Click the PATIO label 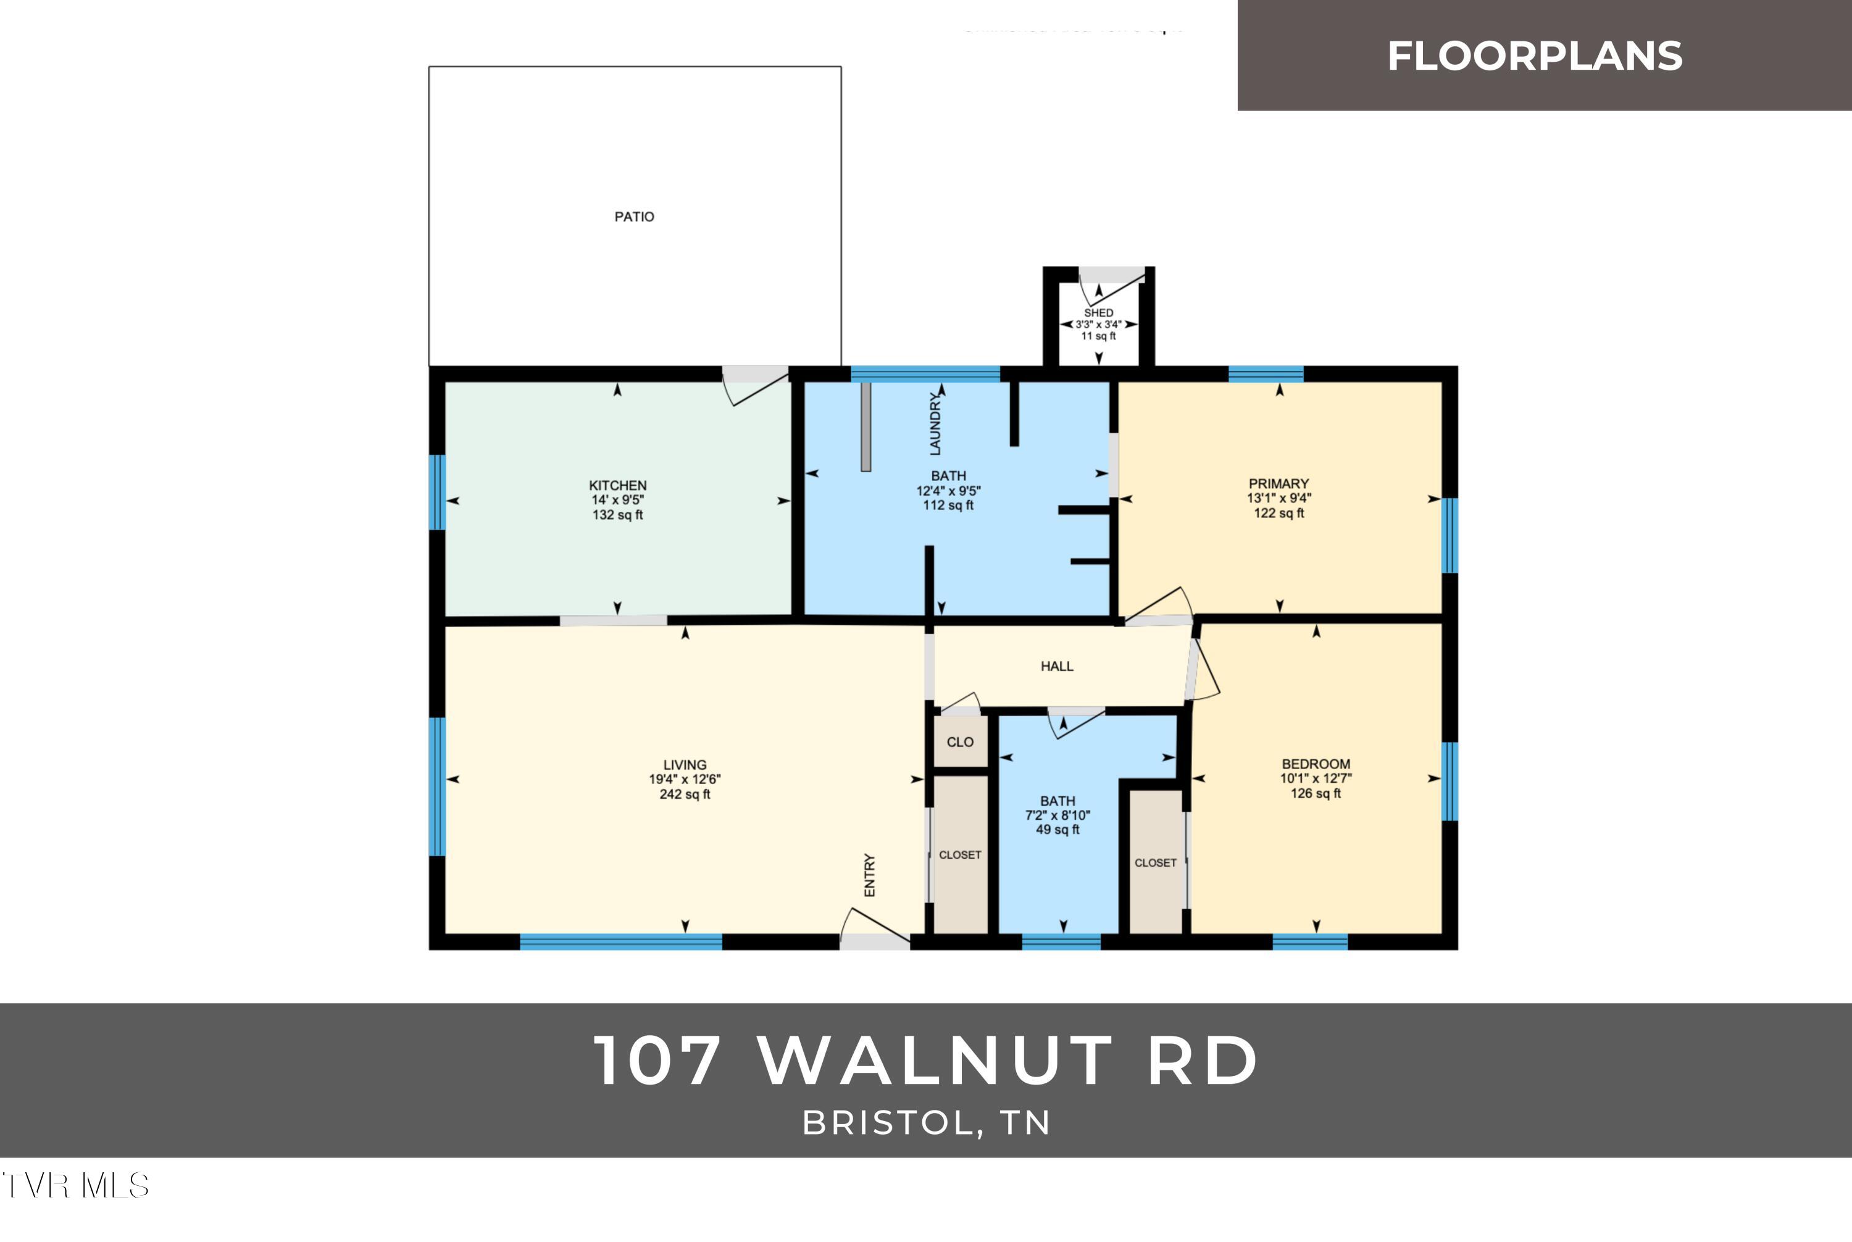pyautogui.click(x=634, y=216)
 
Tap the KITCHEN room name pyautogui.click(x=617, y=485)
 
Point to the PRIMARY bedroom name pyautogui.click(x=1278, y=483)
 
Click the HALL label pyautogui.click(x=1057, y=666)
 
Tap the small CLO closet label pyautogui.click(x=959, y=742)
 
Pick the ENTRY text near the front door pyautogui.click(x=870, y=875)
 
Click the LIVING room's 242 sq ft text pyautogui.click(x=685, y=794)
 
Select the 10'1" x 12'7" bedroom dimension pyautogui.click(x=1315, y=778)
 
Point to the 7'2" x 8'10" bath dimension pyautogui.click(x=1057, y=815)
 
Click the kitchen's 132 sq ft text pyautogui.click(x=617, y=515)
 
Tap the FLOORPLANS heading pyautogui.click(x=1534, y=56)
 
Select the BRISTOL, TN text pyautogui.click(x=926, y=1122)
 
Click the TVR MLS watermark pyautogui.click(x=75, y=1186)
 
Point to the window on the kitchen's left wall pyautogui.click(x=437, y=492)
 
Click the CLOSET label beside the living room pyautogui.click(x=959, y=855)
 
